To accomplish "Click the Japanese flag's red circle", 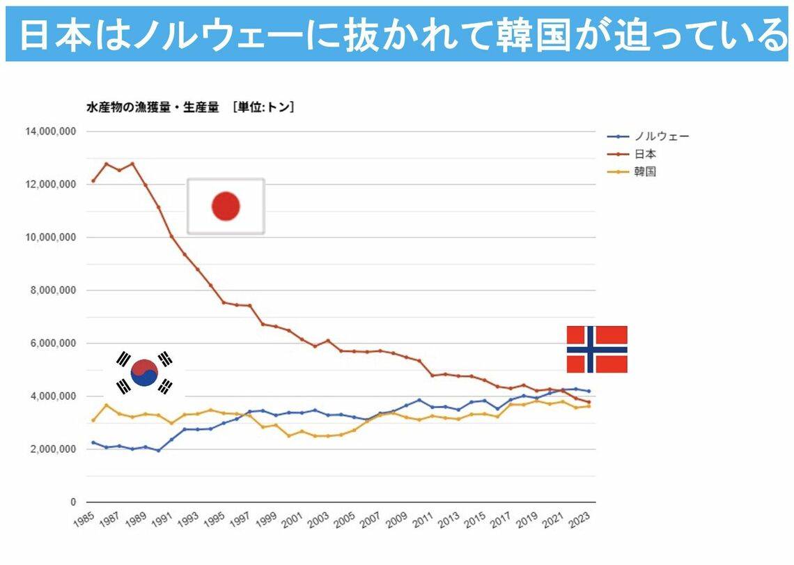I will [226, 206].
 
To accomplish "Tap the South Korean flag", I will [144, 372].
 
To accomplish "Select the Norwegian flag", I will [597, 349].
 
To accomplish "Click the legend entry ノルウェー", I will [658, 137].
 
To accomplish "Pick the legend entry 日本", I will [645, 154].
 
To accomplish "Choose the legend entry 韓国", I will [645, 171].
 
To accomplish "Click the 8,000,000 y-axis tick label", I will [51, 291].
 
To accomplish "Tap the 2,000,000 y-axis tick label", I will [51, 449].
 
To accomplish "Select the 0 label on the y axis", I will [72, 502].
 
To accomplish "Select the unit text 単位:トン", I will [264, 107].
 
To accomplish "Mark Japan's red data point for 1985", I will [93, 181].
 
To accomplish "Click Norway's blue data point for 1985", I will [93, 442].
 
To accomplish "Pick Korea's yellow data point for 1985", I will [93, 420].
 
